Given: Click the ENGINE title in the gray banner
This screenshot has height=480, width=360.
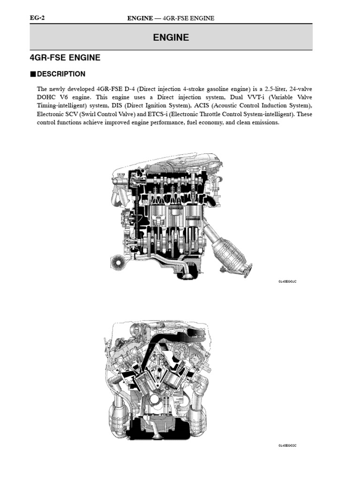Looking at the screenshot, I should click(x=171, y=37).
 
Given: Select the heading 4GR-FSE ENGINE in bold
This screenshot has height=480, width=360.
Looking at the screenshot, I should click(x=65, y=58).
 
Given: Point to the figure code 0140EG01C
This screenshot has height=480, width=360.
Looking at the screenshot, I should click(x=288, y=281).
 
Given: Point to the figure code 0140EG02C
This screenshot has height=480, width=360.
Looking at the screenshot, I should click(x=288, y=445).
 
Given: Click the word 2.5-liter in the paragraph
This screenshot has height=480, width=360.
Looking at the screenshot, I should click(x=267, y=89).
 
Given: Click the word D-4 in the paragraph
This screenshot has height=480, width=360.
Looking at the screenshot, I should click(x=131, y=89).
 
